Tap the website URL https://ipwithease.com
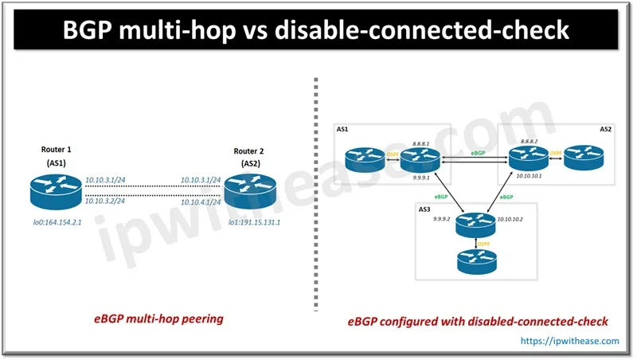coord(571,340)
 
